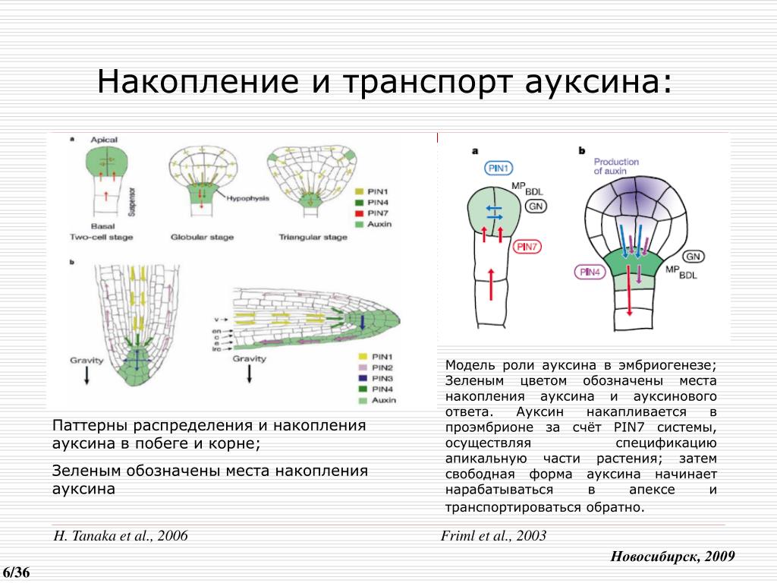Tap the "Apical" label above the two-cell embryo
(x=103, y=140)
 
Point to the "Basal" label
(x=102, y=226)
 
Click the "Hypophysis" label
(x=248, y=198)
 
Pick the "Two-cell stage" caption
(x=101, y=237)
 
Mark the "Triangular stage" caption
(x=313, y=237)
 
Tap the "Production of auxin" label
(x=615, y=166)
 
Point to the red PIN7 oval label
(x=526, y=247)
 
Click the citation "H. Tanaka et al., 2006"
(x=121, y=536)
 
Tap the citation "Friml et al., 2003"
(x=493, y=536)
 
